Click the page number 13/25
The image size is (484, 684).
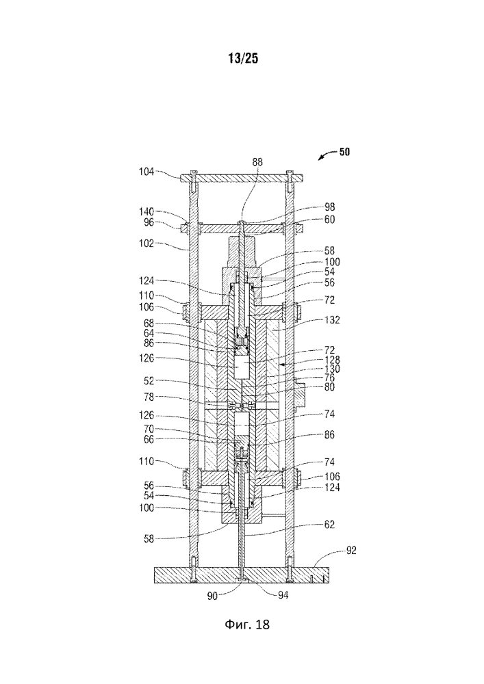[242, 59]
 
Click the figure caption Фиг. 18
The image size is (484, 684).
[242, 623]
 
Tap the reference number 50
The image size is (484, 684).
[344, 153]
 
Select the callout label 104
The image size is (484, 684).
[147, 174]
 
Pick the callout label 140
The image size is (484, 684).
[147, 212]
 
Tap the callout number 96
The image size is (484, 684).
[149, 222]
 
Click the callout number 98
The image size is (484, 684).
[330, 207]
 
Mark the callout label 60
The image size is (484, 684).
[330, 220]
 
